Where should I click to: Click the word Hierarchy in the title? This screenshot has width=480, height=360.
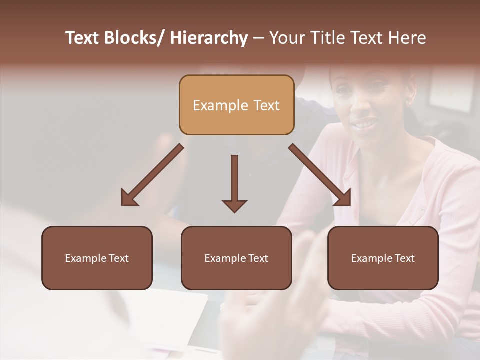(x=208, y=38)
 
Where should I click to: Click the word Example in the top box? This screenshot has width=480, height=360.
(x=213, y=105)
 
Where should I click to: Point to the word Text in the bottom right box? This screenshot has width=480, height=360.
(x=405, y=258)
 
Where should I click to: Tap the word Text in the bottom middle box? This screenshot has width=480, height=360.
(x=258, y=258)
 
